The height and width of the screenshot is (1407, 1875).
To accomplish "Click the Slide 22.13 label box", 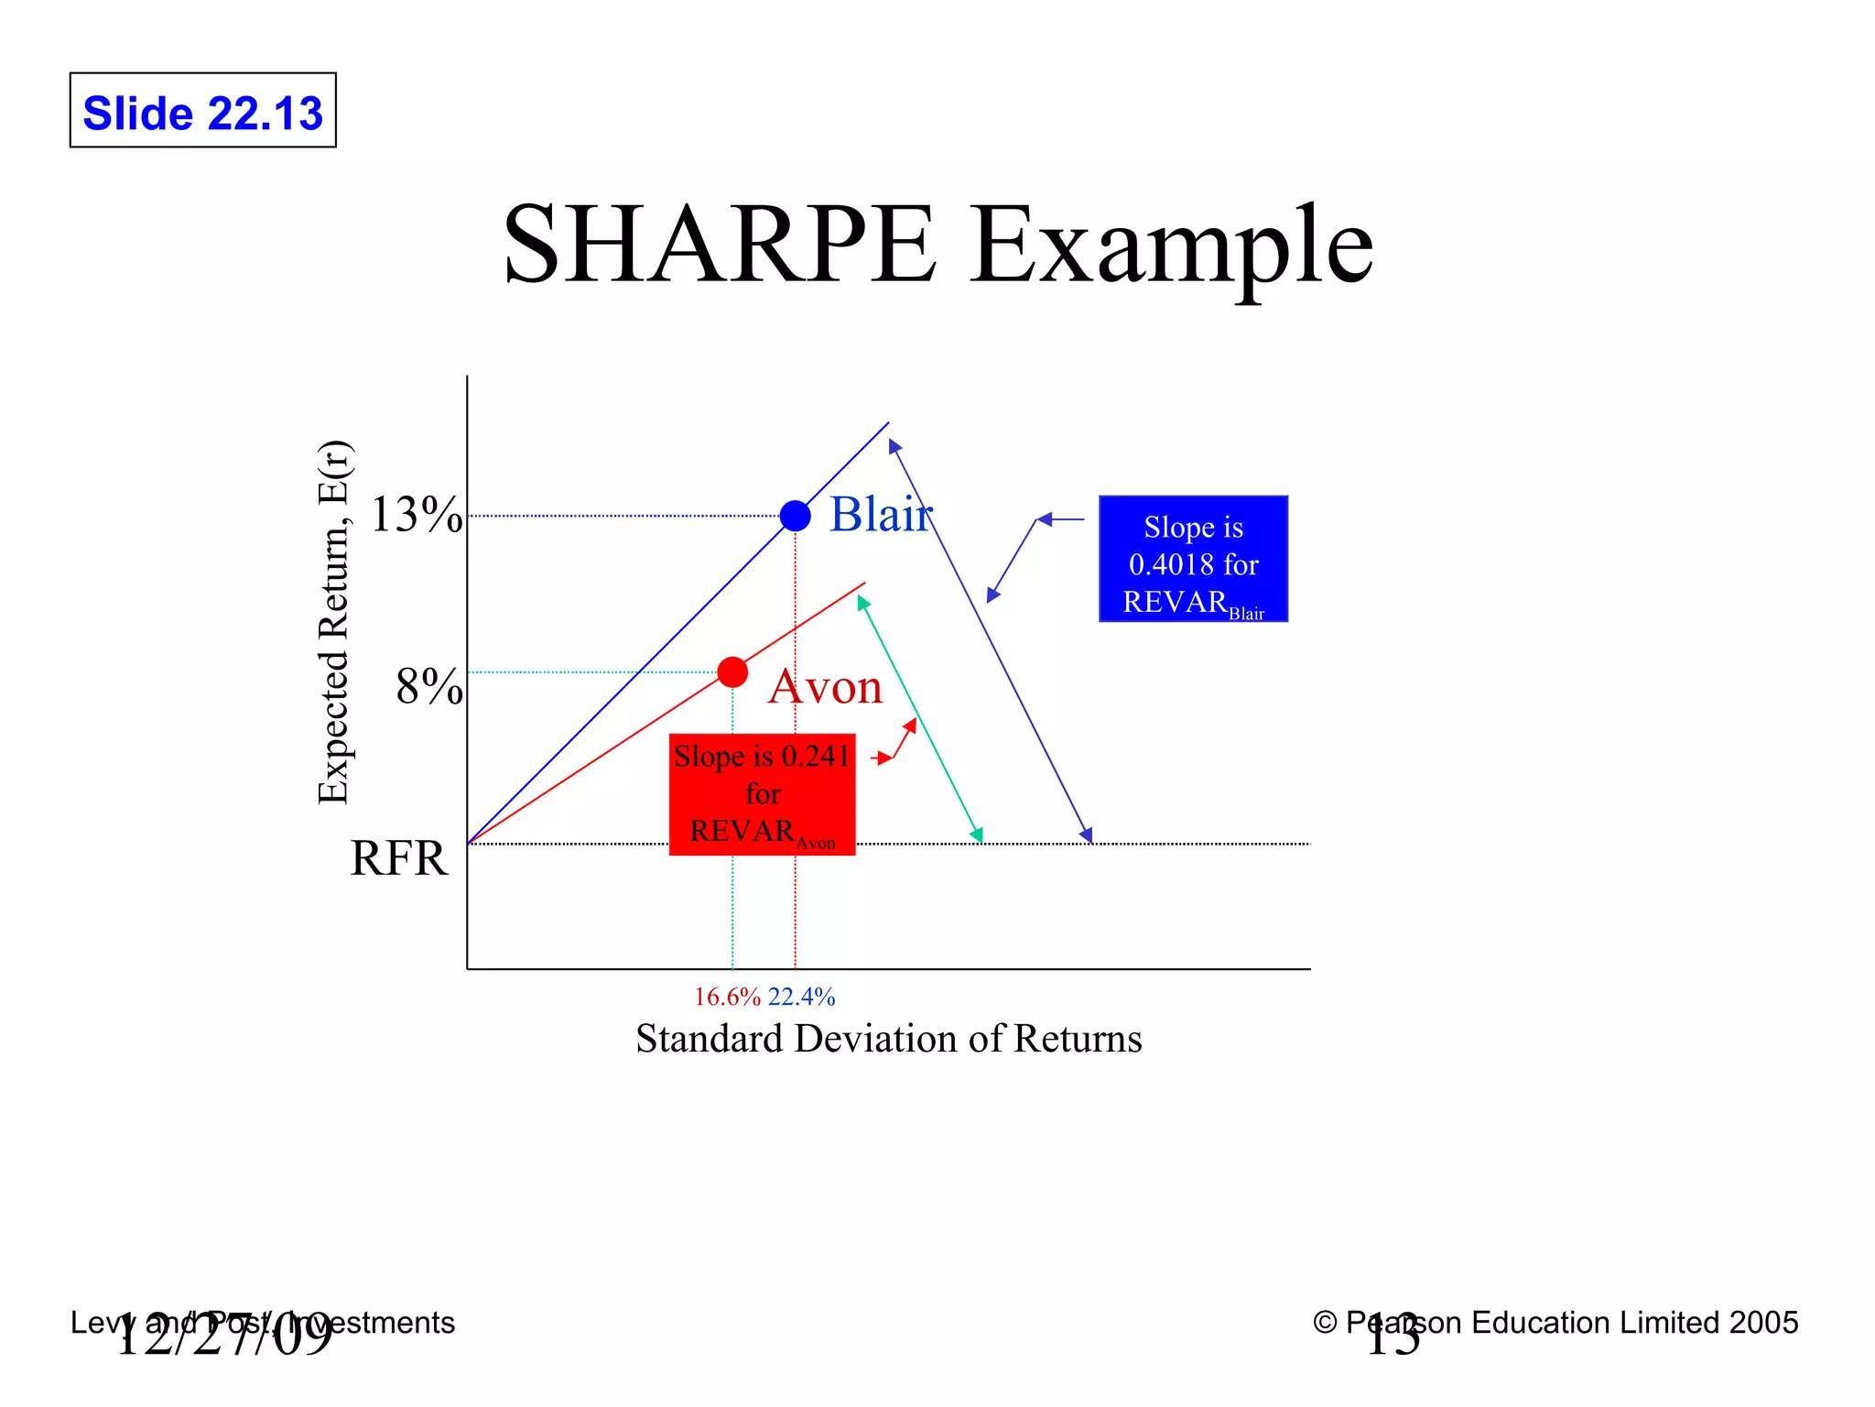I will point(202,111).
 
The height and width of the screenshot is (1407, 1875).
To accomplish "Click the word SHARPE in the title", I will point(720,245).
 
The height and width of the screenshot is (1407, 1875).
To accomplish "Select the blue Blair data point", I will point(795,516).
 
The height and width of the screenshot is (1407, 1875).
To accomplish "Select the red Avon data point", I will point(732,672).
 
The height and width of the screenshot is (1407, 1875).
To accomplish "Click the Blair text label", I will point(880,514).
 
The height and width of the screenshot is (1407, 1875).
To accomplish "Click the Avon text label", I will point(826,687).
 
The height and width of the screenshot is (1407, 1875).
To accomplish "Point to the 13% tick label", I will point(416,515).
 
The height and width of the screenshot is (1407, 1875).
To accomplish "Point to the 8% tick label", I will point(428,687).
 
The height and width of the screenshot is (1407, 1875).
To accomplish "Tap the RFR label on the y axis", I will point(398,859).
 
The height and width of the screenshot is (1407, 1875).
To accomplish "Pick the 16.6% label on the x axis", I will point(727,997).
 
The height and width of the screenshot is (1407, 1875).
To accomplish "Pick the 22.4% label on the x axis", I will point(802,997).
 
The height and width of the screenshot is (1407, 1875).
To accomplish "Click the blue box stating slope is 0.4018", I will point(1193,560).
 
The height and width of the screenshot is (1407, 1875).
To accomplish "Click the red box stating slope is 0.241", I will point(762,794).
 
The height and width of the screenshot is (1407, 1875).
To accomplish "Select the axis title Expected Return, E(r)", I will point(334,623).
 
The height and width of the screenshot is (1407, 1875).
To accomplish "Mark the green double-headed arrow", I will point(919,719).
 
